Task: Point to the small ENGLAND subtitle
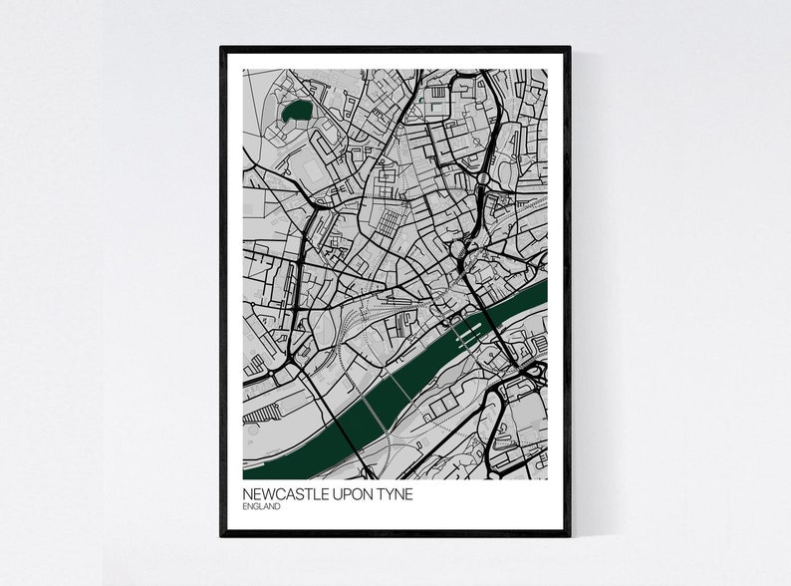pyautogui.click(x=261, y=507)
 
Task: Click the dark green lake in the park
pyautogui.click(x=296, y=113)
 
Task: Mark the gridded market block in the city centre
pyautogui.click(x=390, y=220)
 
